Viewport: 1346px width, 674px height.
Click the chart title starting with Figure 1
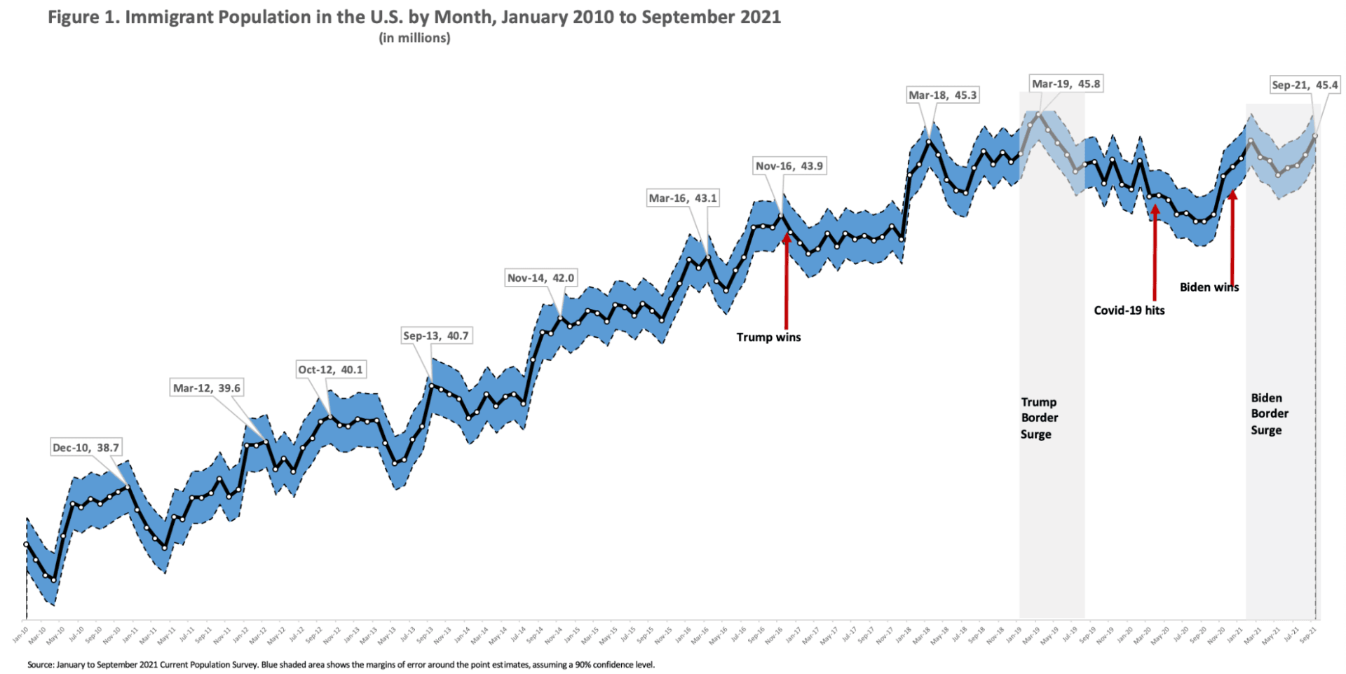point(414,18)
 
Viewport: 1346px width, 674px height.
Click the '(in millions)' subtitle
point(414,39)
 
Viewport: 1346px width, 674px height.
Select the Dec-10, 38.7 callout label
point(86,448)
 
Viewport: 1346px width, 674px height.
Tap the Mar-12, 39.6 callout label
point(207,388)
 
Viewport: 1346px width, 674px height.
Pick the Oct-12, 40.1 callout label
point(330,369)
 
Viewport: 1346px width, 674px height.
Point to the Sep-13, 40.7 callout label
point(435,336)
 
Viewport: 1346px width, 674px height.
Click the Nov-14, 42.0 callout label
point(541,278)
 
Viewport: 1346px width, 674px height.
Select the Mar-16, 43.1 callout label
point(683,198)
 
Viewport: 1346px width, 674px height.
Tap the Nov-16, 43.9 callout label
point(789,166)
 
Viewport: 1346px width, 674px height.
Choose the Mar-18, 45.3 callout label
point(942,95)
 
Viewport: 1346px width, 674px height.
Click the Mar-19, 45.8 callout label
point(1066,84)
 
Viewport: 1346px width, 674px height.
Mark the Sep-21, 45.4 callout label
point(1305,85)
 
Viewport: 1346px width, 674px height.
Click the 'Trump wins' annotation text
point(768,337)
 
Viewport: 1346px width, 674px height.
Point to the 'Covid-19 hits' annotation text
point(1129,310)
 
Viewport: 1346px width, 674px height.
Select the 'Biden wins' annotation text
point(1209,287)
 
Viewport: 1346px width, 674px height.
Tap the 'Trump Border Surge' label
point(1039,418)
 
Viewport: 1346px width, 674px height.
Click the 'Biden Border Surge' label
point(1269,414)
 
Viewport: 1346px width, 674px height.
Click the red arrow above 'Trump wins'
point(787,280)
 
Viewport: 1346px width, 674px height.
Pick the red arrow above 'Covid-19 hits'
point(1155,252)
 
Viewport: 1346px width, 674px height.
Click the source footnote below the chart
point(341,664)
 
